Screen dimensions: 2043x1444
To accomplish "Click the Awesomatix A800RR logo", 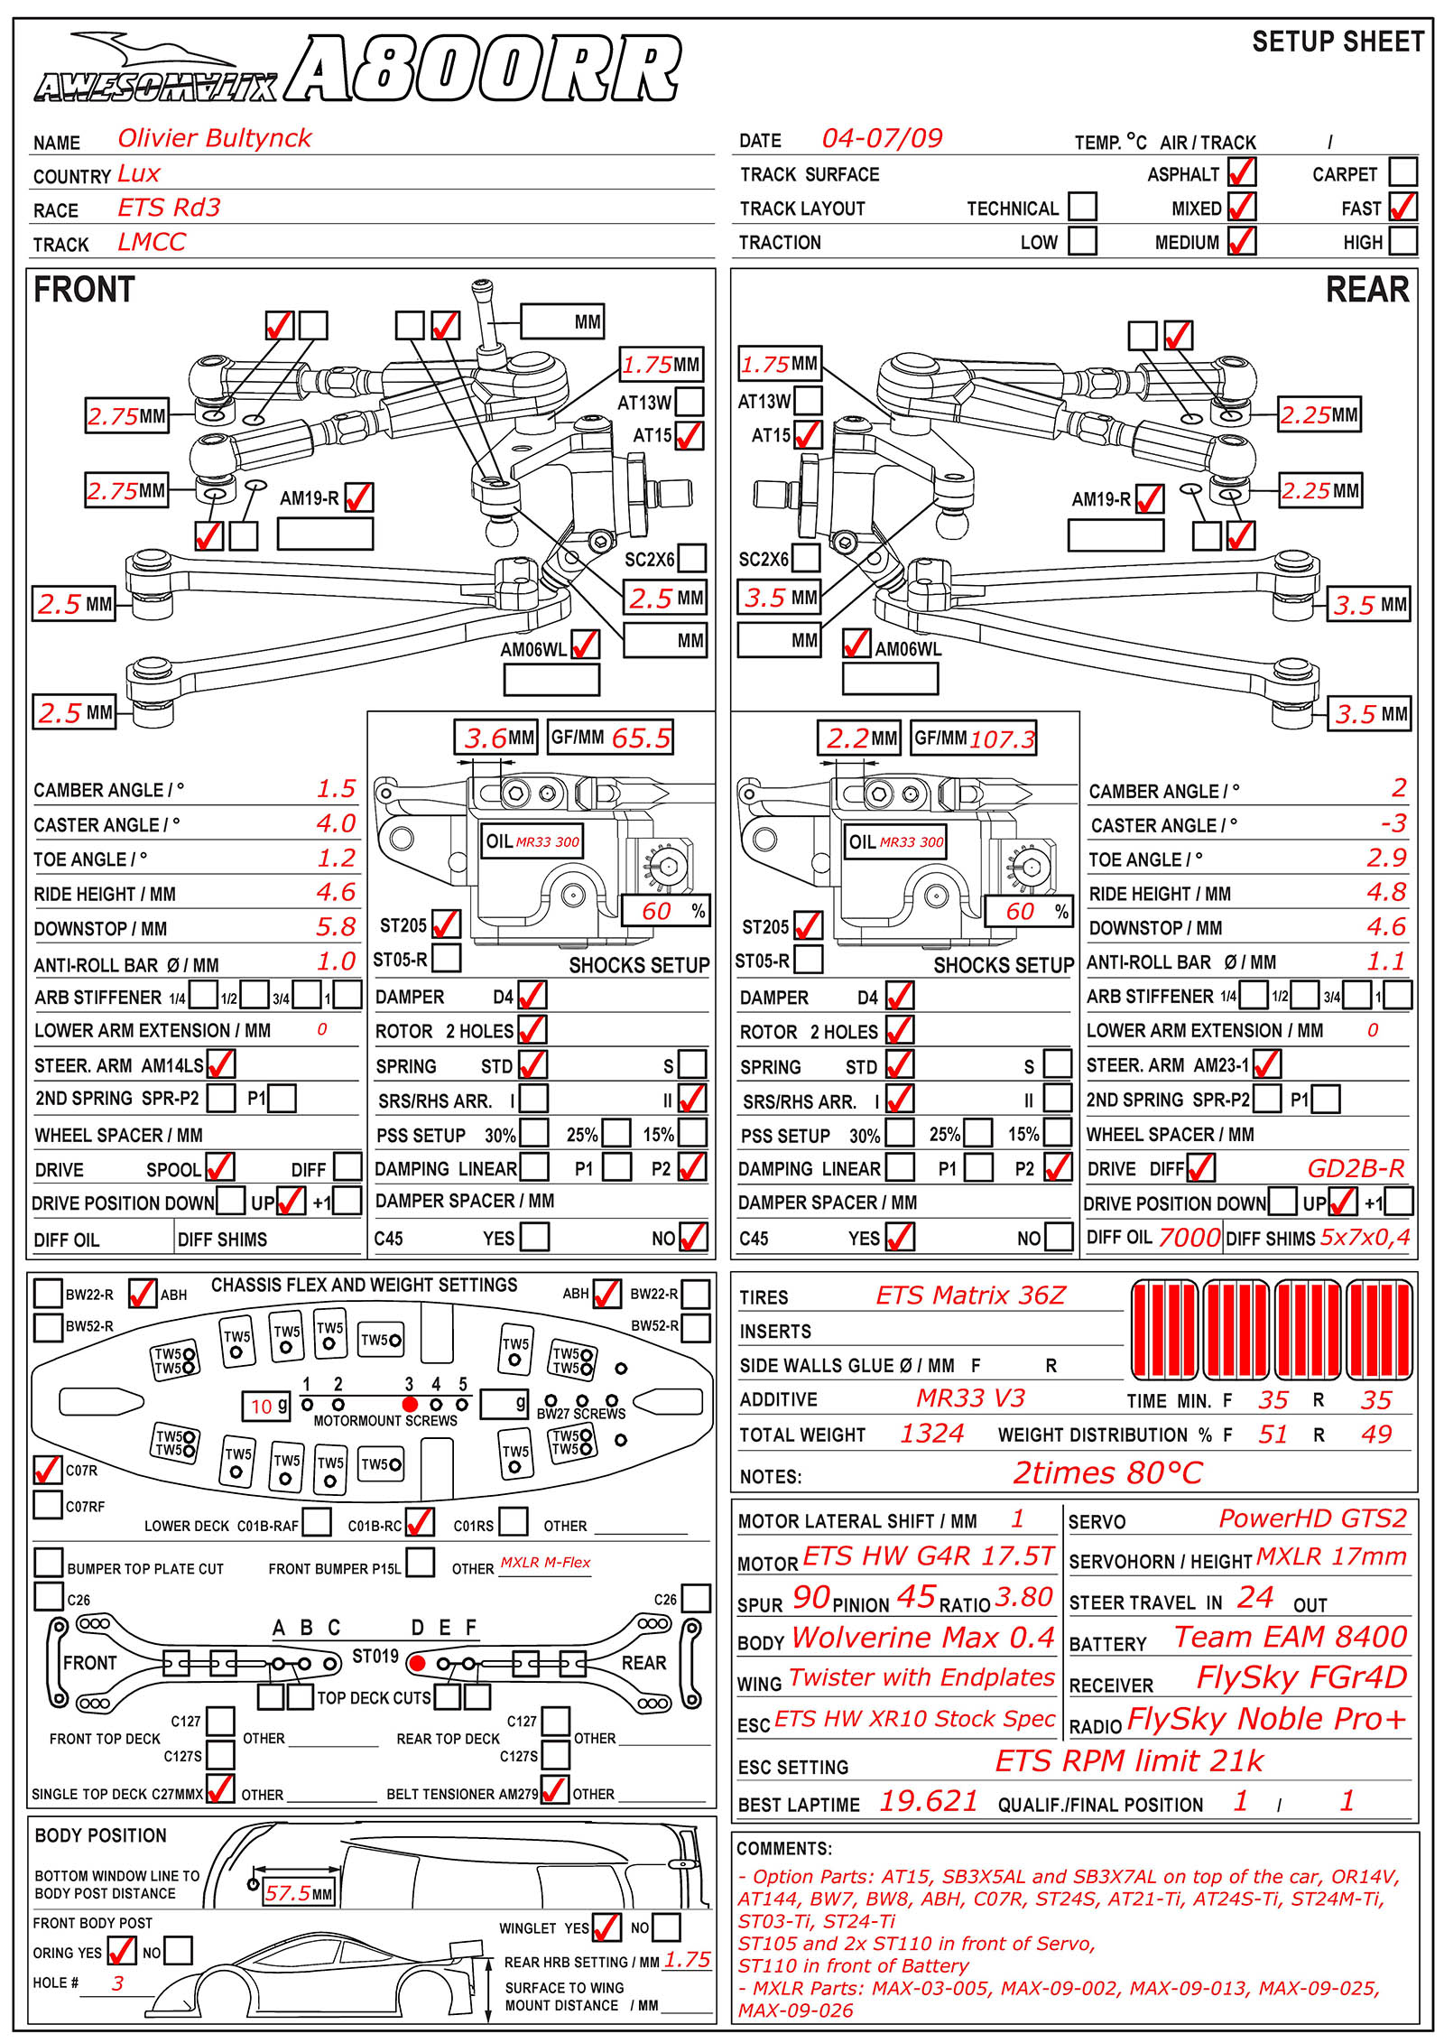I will [356, 70].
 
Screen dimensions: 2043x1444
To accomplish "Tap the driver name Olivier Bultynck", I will [214, 138].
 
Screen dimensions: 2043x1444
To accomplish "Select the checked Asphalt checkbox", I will [1242, 172].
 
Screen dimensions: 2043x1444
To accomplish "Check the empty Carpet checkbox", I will [1402, 172].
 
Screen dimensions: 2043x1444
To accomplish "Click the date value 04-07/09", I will [882, 138].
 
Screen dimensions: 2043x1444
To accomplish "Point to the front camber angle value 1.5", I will [336, 789].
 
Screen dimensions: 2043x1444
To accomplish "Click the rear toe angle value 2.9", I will [1386, 858].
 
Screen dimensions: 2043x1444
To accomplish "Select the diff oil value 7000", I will [1189, 1237].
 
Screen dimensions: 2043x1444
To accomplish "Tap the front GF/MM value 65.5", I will [641, 738].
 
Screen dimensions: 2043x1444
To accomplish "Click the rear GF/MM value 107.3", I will [1002, 739].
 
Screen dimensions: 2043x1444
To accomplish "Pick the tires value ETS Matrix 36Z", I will [970, 1295].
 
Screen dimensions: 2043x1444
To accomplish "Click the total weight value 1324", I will [931, 1434].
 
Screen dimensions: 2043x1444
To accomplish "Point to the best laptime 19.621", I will [929, 1801].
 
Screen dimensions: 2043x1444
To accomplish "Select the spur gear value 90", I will [811, 1598].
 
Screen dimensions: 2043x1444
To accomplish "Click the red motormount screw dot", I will [410, 1404].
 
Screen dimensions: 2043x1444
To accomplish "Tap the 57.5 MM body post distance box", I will [298, 1892].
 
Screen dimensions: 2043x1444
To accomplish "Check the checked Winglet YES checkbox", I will [606, 1927].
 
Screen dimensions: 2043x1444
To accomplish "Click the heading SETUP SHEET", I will [1338, 42].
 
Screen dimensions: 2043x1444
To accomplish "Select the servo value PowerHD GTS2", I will [1312, 1518].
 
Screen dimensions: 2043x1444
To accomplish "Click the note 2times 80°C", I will [1107, 1473].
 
